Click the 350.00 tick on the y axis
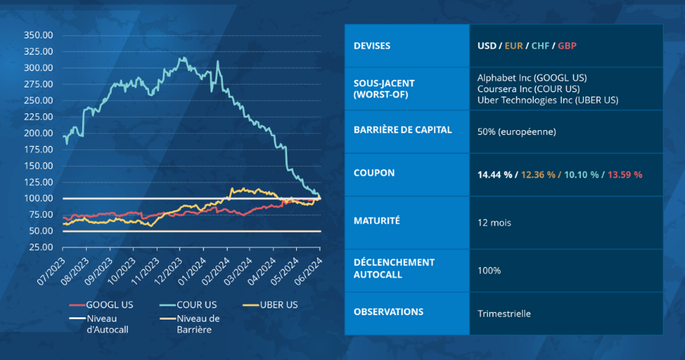tap(38, 35)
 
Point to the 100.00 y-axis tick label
tap(38, 198)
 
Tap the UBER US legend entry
tap(274, 305)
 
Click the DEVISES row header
tap(372, 46)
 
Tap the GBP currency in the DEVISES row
tap(567, 46)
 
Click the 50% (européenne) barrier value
tap(517, 132)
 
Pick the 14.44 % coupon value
tap(494, 174)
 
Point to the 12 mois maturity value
tap(494, 224)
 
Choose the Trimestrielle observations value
tap(504, 313)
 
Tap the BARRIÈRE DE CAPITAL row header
tap(403, 129)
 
